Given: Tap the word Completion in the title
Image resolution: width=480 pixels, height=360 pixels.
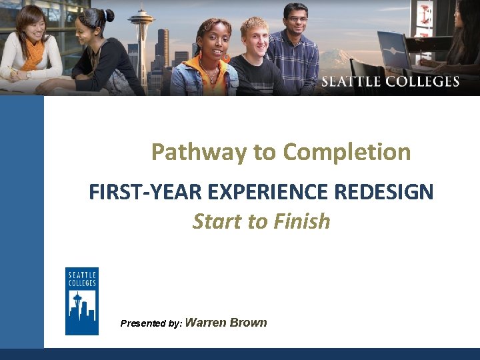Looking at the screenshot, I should point(348,152).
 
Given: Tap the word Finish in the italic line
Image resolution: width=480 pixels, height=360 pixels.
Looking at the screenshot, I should point(301,221).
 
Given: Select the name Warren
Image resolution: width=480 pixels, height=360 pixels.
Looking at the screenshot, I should point(205,323).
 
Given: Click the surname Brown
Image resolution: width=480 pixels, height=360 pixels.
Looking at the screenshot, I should point(248,323).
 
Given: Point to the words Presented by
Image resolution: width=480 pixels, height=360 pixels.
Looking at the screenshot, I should point(151,323).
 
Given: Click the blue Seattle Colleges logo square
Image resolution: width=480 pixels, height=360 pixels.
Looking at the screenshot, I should point(81,301).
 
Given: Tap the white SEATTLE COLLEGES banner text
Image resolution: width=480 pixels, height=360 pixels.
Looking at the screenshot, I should point(390,82).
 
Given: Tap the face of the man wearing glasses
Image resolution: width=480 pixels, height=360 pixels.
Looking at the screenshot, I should point(294,21).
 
